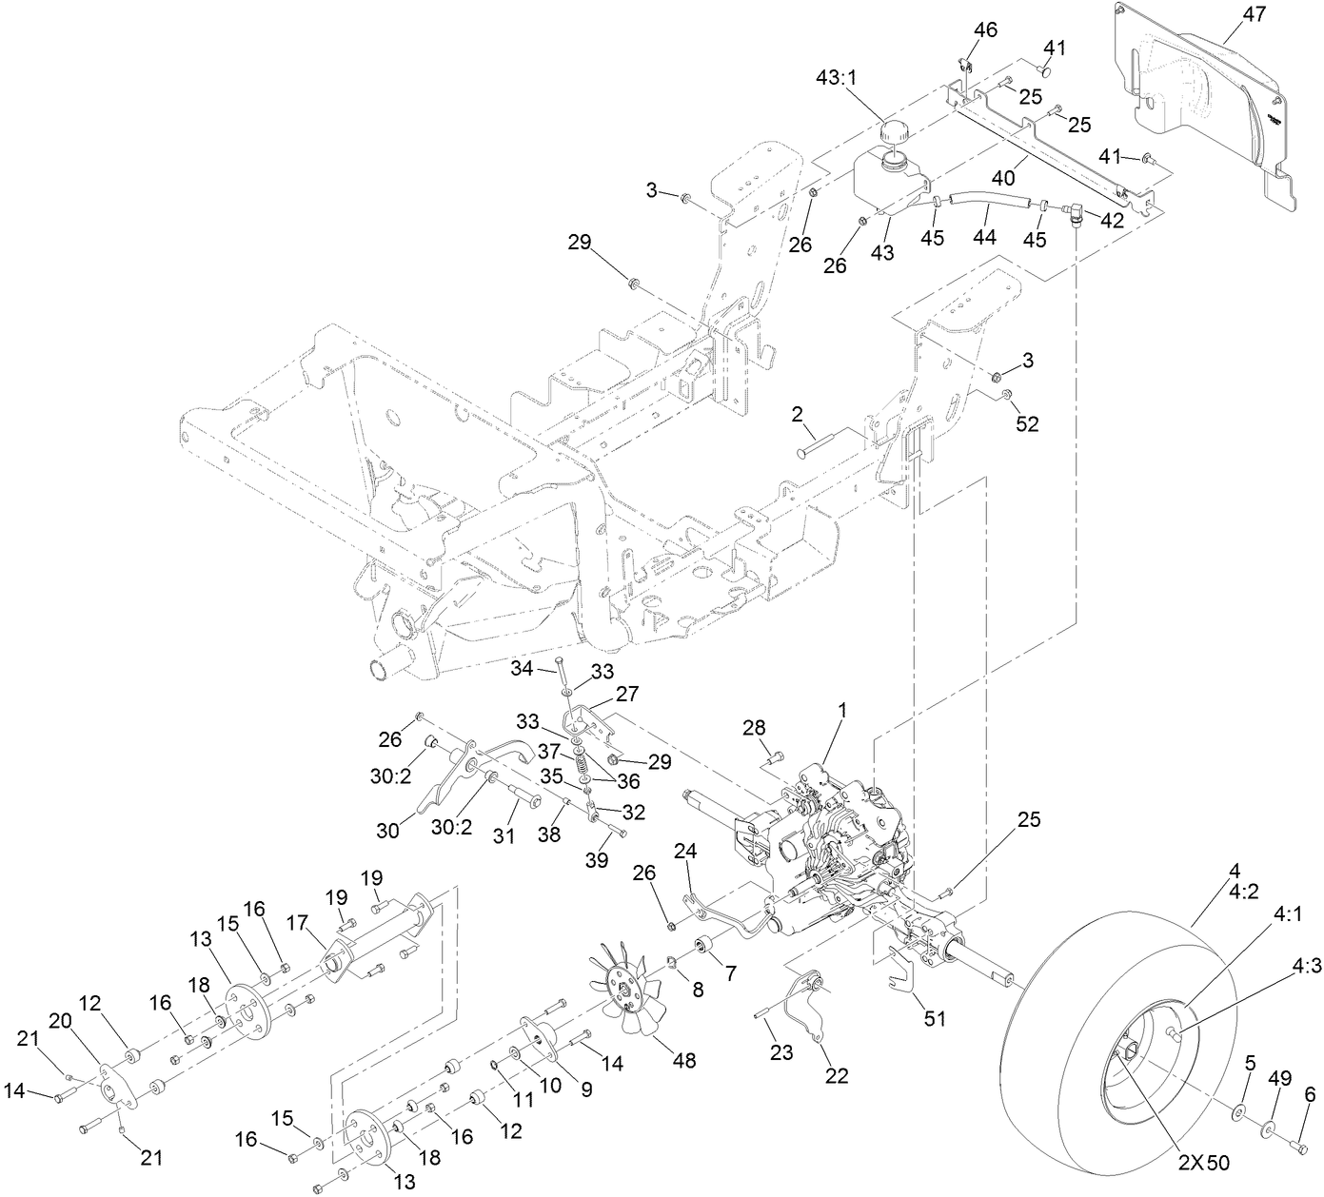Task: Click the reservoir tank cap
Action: point(896,132)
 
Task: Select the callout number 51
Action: point(936,1018)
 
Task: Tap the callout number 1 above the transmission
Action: point(841,710)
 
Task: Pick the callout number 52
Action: point(1027,424)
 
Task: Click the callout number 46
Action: point(985,30)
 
